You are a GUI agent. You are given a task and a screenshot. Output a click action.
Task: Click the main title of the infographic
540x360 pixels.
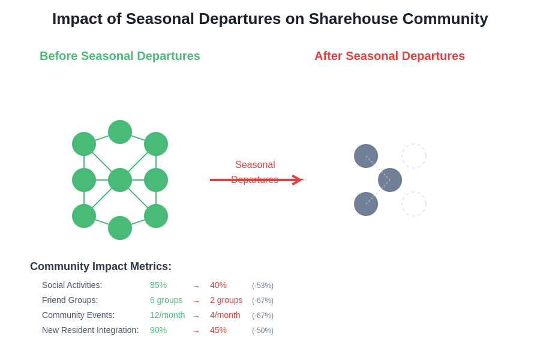coord(270,19)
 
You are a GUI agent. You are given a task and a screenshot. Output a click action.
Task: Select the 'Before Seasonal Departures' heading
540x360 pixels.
coord(120,56)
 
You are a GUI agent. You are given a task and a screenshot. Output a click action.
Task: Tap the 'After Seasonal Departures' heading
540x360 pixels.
coord(389,56)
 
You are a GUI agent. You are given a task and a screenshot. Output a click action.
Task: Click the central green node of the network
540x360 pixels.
coord(120,180)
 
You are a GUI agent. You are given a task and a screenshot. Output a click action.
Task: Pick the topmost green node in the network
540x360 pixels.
coord(120,132)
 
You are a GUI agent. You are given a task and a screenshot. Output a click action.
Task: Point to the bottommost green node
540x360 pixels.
coord(120,228)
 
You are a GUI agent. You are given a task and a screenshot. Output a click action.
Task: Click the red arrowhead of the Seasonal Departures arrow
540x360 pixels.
coord(298,180)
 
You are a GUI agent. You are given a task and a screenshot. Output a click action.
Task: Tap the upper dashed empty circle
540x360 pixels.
coord(414,156)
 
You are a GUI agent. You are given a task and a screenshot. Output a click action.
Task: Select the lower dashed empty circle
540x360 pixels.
coord(414,204)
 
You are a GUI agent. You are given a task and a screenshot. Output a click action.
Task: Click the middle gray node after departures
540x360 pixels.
coord(390,180)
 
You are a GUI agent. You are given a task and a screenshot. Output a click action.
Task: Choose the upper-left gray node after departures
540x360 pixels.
coord(366,156)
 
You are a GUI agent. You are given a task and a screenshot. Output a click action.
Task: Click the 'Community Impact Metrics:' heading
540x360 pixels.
coord(101,266)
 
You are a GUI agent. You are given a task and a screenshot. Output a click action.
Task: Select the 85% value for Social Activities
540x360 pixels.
coord(158,285)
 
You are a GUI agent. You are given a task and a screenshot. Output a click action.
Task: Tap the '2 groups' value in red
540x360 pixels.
coord(226,300)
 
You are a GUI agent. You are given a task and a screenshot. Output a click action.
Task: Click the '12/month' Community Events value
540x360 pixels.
coord(167,315)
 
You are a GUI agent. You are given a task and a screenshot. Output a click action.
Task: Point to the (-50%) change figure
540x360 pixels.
coord(263,331)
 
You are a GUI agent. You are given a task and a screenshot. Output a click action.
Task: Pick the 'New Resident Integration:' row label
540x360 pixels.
coord(90,330)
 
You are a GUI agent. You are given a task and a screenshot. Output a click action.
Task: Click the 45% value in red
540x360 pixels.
coord(218,330)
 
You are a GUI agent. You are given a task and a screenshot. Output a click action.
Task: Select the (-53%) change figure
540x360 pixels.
coord(263,286)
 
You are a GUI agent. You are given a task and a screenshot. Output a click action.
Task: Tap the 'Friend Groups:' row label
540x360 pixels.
coord(70,300)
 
